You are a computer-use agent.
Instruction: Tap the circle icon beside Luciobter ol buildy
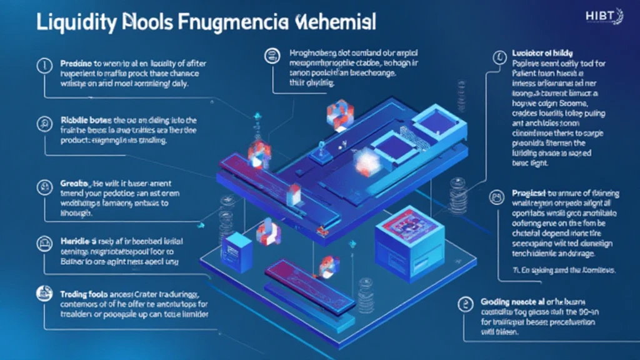point(499,57)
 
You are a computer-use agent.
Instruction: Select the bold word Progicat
point(531,194)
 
